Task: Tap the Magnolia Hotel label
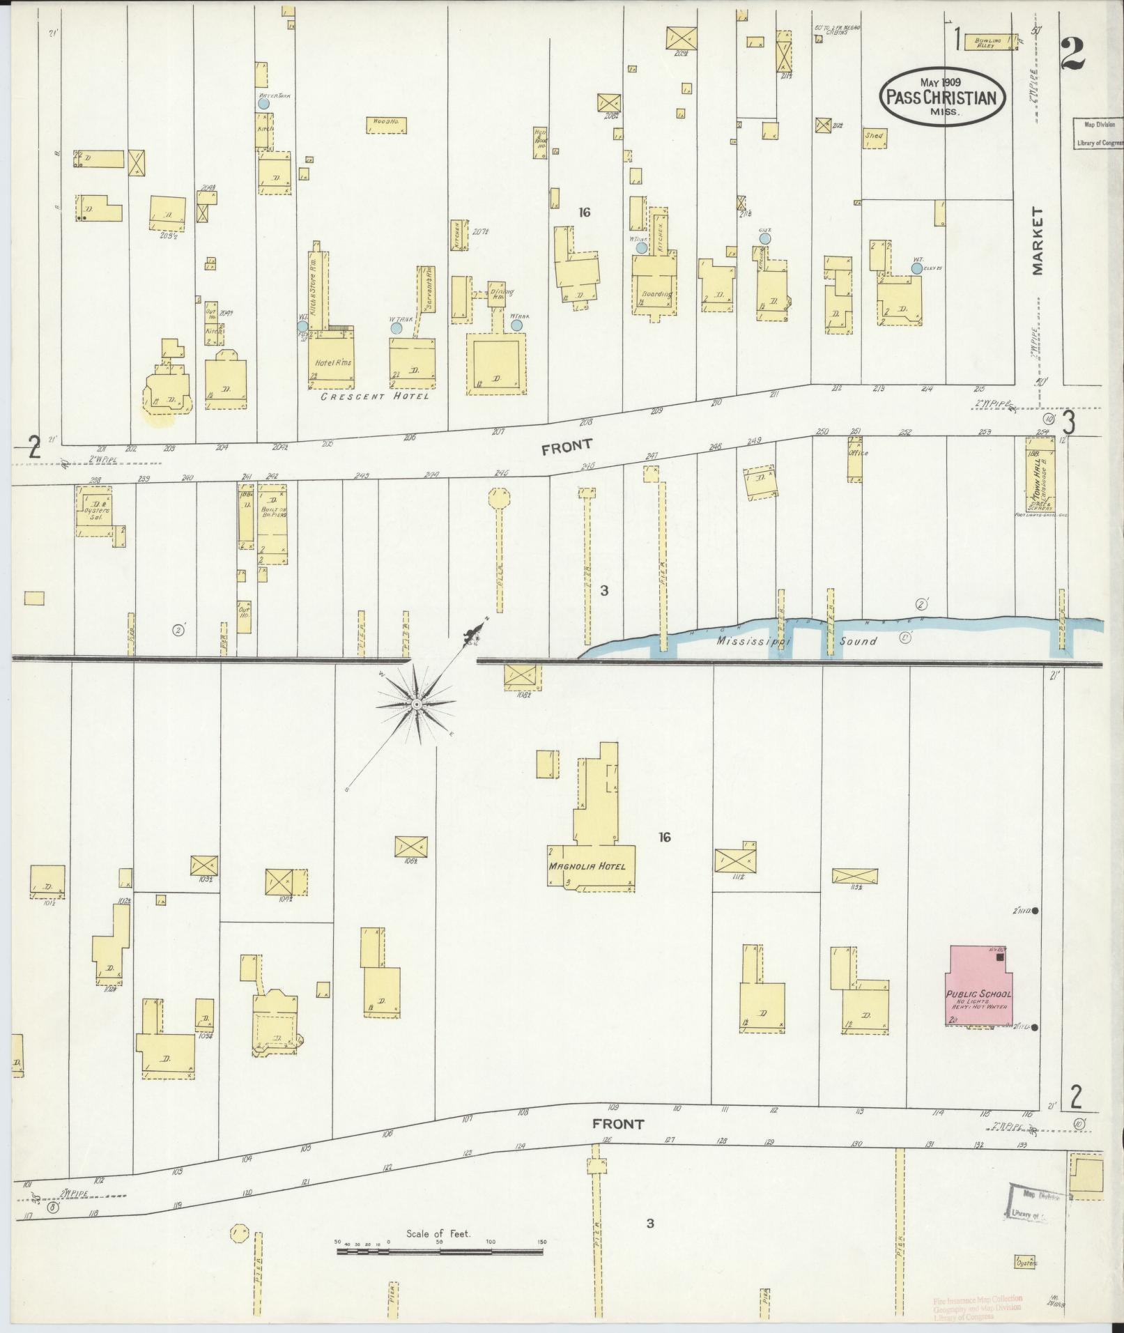click(x=587, y=867)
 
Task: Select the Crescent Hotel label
click(x=374, y=396)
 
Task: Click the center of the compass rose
click(x=416, y=704)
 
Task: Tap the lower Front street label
click(x=618, y=1124)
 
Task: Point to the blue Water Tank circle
click(x=263, y=103)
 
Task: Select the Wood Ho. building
click(x=386, y=125)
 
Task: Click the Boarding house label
click(x=656, y=294)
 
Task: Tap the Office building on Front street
click(x=855, y=459)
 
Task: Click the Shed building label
click(x=874, y=137)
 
